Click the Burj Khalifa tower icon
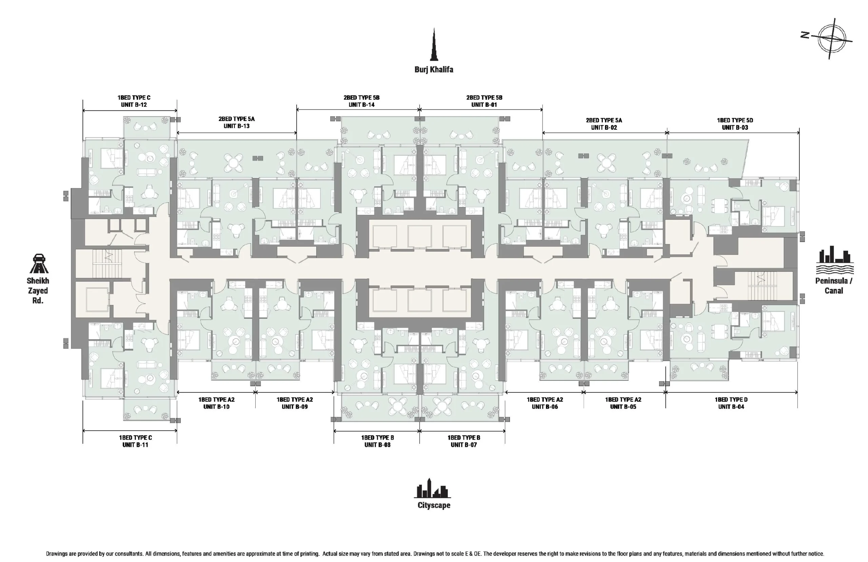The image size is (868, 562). (x=434, y=44)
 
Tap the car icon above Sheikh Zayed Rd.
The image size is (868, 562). (x=39, y=263)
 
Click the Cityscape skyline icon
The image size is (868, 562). (x=433, y=488)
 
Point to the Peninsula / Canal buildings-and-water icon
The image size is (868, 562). (x=834, y=260)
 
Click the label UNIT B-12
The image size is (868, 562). (x=134, y=105)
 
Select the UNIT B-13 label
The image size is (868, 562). (x=237, y=126)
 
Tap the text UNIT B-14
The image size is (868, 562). (x=361, y=105)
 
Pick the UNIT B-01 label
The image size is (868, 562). (x=484, y=105)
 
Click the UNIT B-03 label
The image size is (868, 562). (x=735, y=128)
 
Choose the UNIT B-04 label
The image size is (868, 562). (x=731, y=407)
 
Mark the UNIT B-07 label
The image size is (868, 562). (x=463, y=445)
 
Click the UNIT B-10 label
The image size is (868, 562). (x=216, y=407)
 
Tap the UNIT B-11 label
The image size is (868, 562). (x=135, y=445)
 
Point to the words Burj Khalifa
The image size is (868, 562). (x=434, y=69)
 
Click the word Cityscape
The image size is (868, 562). (x=434, y=505)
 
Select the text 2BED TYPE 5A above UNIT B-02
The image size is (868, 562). (x=604, y=120)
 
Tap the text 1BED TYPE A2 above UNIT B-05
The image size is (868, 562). (x=623, y=399)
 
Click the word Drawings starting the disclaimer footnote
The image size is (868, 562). (x=57, y=554)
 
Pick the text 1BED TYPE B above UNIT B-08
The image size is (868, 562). (x=377, y=437)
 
